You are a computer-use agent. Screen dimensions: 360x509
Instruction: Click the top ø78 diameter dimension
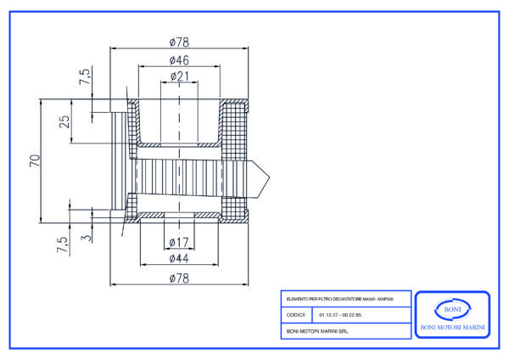pos(179,42)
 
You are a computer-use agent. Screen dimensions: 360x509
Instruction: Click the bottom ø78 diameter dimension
pos(179,278)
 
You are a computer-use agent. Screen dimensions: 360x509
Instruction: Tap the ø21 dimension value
pos(179,76)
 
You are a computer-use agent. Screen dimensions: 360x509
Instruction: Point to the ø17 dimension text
pos(179,243)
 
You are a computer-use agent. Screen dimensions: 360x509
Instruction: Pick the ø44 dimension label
pos(179,258)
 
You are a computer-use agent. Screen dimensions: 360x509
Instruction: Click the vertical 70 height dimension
pos(35,161)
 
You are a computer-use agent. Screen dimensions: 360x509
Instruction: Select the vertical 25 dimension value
pos(64,120)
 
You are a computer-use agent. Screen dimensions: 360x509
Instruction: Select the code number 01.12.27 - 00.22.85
pos(340,314)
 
